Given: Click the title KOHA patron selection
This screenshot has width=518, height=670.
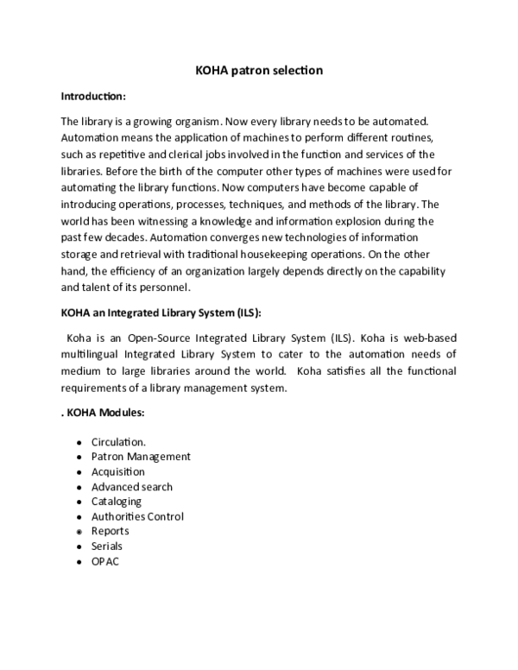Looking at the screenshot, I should pos(259,70).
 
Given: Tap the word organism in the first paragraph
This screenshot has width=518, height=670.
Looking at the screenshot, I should pos(186,123).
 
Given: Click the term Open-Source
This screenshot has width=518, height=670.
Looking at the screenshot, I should pos(167,338).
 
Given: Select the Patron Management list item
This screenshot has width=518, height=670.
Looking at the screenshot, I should pos(141,457).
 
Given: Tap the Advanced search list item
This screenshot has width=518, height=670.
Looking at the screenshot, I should pos(131,486).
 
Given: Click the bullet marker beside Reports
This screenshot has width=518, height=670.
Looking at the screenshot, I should pos(79,532).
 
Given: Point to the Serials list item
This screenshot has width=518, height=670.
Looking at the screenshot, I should pos(107,546).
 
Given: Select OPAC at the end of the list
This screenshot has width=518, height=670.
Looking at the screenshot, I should pos(105,561).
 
